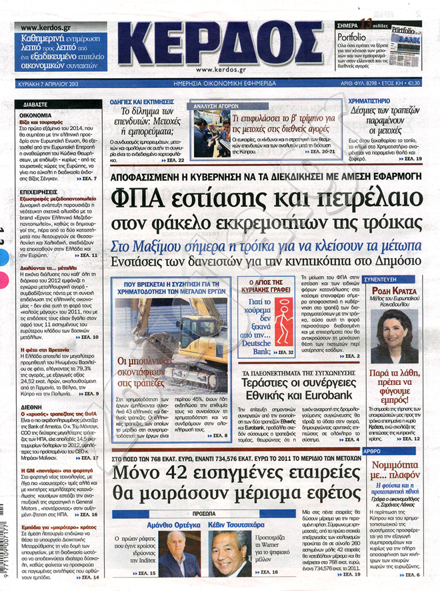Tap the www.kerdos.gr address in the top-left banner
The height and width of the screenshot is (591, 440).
click(x=47, y=27)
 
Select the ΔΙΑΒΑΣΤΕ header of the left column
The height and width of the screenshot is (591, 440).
click(x=33, y=105)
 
